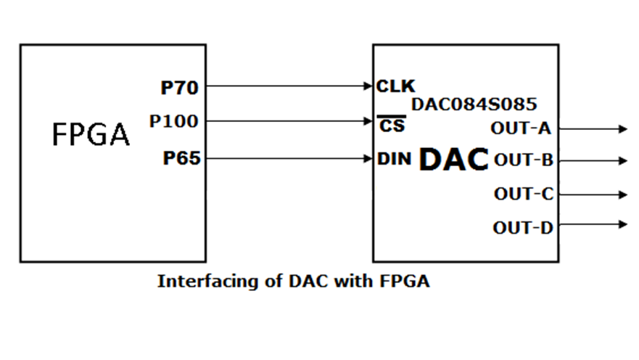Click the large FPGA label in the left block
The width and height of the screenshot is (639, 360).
(x=91, y=134)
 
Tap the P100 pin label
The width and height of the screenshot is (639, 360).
(x=173, y=121)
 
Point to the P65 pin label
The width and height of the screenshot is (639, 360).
(x=181, y=158)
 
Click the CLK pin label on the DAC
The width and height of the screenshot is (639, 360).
(x=396, y=87)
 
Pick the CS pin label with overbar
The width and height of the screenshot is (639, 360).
(x=392, y=125)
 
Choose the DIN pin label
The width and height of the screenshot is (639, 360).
(x=395, y=158)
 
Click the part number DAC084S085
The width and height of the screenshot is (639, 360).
(x=474, y=104)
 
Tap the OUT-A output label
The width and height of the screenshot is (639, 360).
(x=521, y=128)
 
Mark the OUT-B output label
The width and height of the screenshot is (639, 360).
(x=524, y=160)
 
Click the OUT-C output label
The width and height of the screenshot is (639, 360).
(x=524, y=194)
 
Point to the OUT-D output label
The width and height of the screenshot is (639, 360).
(x=523, y=227)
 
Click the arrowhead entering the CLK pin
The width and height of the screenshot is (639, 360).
(x=368, y=86)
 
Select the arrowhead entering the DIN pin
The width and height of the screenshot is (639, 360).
(x=368, y=157)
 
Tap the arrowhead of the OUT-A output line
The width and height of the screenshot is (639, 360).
(x=623, y=129)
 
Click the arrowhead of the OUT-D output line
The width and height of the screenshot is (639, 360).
(x=623, y=224)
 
